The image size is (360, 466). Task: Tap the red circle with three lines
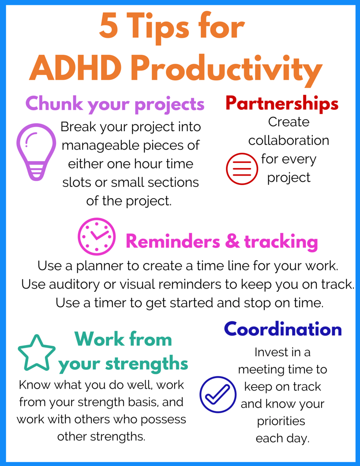point(242,169)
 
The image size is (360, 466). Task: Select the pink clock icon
point(97,236)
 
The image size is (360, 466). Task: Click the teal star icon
point(37,353)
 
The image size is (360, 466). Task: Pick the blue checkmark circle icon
point(218,394)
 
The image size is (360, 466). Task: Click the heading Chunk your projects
point(115,104)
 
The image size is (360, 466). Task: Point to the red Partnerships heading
point(282,103)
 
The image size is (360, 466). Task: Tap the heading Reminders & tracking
point(221,241)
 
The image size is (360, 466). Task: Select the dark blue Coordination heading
point(283,329)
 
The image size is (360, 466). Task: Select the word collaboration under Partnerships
point(289,140)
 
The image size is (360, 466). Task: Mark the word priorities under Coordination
point(281,421)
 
